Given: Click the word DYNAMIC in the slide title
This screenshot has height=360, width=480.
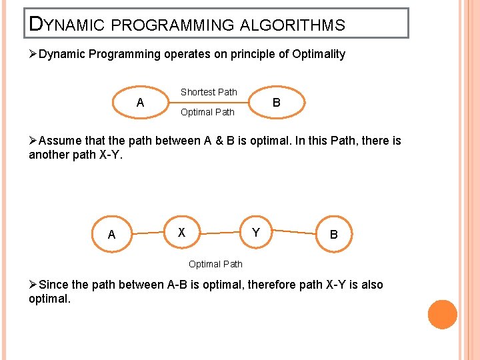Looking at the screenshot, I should (65, 25).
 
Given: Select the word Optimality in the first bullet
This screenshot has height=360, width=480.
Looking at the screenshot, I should (318, 54).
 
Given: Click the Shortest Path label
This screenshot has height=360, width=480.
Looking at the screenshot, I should (209, 92).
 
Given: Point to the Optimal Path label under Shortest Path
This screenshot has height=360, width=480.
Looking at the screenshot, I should (207, 112).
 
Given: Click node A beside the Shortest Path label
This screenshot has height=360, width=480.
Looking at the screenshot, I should (140, 103).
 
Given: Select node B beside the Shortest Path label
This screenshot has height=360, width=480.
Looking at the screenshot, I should (276, 103).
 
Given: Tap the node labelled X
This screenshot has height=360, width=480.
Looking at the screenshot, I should (181, 233).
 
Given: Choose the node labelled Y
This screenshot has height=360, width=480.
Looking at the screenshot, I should (255, 233).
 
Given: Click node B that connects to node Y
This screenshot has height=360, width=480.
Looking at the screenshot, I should (333, 234).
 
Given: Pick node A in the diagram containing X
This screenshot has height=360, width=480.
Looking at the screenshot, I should (111, 234).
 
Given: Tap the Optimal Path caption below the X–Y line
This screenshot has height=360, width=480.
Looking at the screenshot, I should (215, 264).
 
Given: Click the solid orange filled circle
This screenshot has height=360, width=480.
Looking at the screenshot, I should (442, 314).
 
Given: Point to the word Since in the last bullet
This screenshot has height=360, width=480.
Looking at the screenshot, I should (53, 285).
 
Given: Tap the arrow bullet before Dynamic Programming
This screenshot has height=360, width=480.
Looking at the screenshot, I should (33, 54).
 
